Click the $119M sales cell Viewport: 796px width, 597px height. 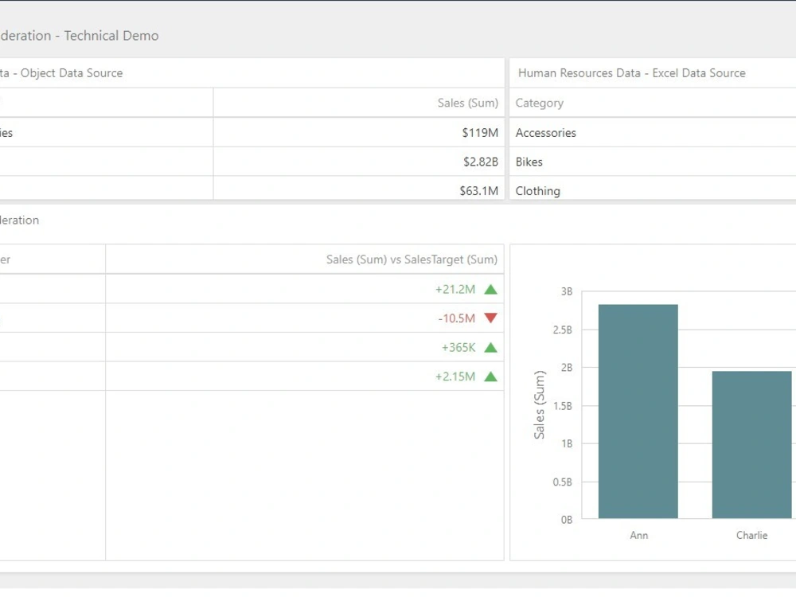479,133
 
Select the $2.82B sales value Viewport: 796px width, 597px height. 481,162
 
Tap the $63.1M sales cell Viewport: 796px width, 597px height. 478,191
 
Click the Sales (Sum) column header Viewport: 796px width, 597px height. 467,103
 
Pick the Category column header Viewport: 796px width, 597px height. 539,103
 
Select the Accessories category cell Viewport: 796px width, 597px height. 545,133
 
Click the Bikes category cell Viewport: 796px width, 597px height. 529,162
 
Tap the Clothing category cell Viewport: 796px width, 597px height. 537,191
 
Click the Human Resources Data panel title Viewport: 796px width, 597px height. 631,73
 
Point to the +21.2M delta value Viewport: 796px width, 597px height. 455,290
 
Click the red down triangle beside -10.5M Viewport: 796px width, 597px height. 490,318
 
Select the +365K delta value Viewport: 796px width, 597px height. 458,348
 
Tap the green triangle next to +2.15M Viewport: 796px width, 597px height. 490,377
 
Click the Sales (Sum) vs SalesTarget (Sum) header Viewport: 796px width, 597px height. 412,259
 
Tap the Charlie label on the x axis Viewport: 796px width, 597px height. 751,536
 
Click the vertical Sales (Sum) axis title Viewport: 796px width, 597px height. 540,404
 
